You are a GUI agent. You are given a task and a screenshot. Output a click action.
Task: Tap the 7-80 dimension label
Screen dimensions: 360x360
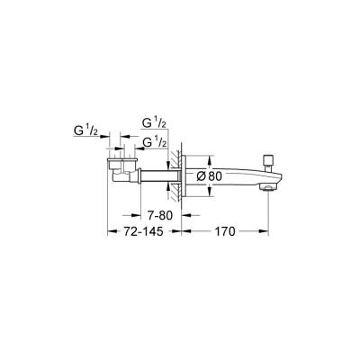coord(159,216)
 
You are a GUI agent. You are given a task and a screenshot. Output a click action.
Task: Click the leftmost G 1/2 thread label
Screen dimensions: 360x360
coord(86,131)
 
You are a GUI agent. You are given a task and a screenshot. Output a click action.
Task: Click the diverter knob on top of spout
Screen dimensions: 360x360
coord(267,158)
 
